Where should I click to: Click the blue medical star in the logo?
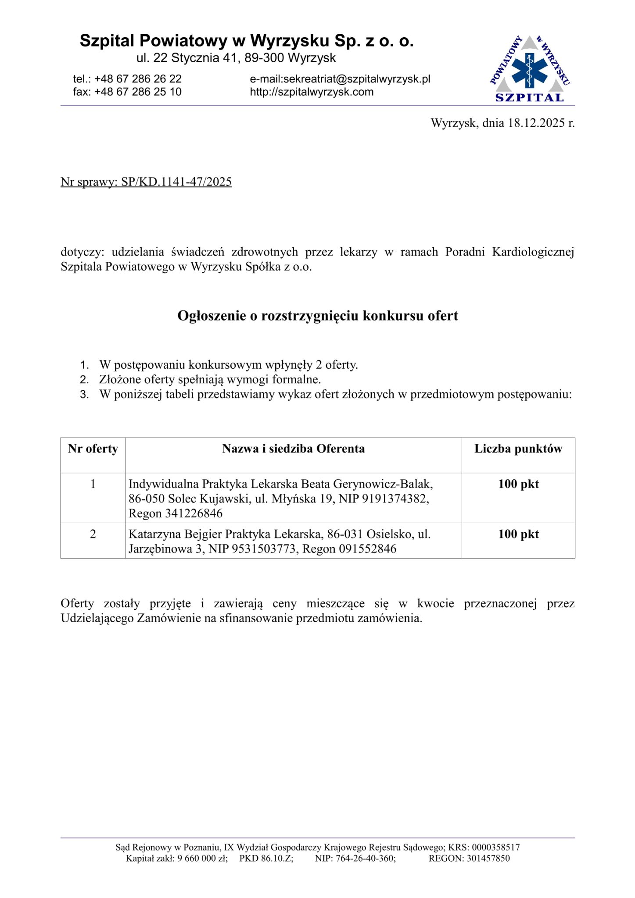[530, 70]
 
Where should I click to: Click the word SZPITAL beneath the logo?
[530, 98]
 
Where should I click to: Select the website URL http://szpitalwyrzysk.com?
[312, 92]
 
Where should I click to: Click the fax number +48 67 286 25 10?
[138, 92]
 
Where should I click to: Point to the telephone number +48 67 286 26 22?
[138, 79]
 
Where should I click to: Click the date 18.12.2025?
[536, 123]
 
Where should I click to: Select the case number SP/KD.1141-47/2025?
[176, 182]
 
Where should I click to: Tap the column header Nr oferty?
[93, 449]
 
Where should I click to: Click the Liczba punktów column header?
[518, 449]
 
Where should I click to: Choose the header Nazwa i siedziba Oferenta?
[293, 449]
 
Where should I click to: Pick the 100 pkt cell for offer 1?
[518, 485]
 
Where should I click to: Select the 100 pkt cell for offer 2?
[518, 535]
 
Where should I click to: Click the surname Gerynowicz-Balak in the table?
[383, 485]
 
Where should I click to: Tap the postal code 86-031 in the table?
[345, 535]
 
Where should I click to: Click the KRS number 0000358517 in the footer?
[495, 848]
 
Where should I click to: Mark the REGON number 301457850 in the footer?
[488, 859]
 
